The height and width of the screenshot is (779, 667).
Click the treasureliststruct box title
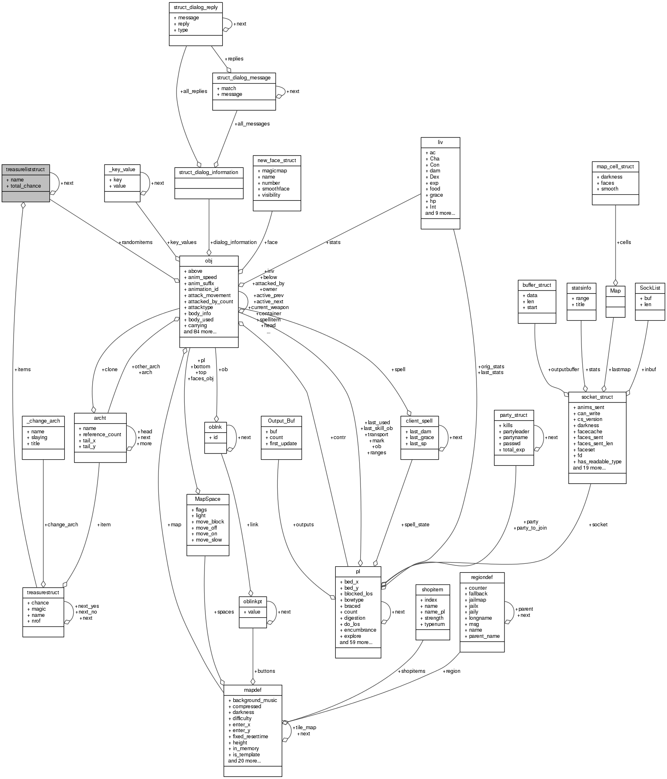tap(25, 169)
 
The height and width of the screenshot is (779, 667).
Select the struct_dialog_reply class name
tap(196, 7)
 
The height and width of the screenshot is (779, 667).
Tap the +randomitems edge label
tap(135, 242)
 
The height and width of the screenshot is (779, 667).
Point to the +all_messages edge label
tap(252, 123)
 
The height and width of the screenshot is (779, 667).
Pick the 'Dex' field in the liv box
tap(435, 177)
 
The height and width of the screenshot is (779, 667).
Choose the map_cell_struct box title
tap(615, 166)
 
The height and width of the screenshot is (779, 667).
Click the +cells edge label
tap(624, 242)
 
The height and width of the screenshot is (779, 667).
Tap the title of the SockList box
tap(650, 288)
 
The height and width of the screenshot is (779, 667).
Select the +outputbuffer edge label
tap(563, 370)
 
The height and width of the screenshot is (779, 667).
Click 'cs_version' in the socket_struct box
tap(590, 419)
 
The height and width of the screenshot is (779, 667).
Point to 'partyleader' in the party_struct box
tap(516, 432)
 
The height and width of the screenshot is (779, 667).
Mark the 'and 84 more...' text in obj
tap(200, 332)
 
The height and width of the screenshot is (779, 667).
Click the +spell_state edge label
tap(415, 525)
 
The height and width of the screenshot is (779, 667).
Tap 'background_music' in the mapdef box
tap(255, 700)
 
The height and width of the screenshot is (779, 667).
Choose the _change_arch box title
tap(43, 421)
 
